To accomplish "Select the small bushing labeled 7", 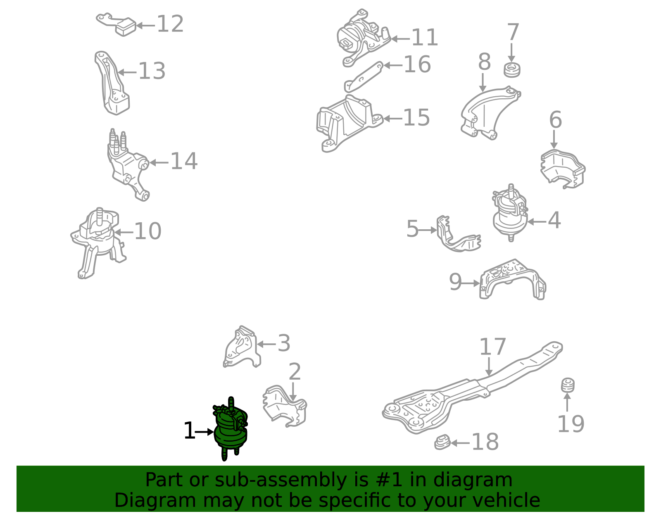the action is [x=512, y=70].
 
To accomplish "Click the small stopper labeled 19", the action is [x=568, y=385].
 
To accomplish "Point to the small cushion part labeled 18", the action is [x=442, y=442].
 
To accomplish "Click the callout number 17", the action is [x=492, y=347].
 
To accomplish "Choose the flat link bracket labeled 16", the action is [x=364, y=76].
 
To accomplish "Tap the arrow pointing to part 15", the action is [x=393, y=119].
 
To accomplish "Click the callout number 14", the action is [x=184, y=161].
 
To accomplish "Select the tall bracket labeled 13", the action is [x=112, y=83].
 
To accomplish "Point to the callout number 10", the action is [x=148, y=231].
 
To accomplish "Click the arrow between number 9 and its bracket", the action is [x=471, y=284].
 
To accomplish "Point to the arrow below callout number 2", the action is [x=293, y=392].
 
